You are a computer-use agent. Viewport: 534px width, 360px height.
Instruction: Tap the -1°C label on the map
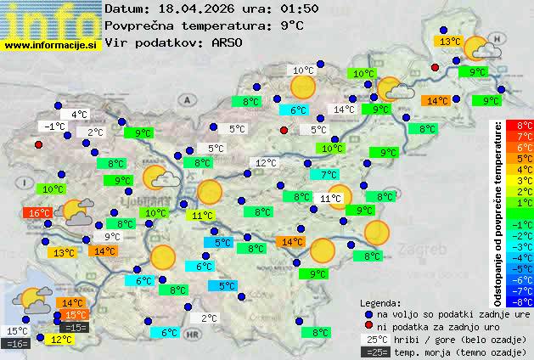(x=54, y=127)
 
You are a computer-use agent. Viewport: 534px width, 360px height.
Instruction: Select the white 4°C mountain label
(x=79, y=115)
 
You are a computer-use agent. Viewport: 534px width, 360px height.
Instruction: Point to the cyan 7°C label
(x=323, y=175)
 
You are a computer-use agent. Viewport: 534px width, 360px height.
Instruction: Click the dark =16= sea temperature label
(x=16, y=344)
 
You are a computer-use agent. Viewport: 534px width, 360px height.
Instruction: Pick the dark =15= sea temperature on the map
(x=74, y=327)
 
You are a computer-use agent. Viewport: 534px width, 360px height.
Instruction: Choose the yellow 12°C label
(x=60, y=340)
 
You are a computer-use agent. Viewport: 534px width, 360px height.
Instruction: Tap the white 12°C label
(x=266, y=163)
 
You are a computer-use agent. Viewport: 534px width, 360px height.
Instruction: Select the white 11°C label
(x=330, y=199)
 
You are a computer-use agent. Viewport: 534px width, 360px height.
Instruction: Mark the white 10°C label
(x=303, y=70)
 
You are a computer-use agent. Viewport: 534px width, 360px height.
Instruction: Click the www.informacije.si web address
(x=52, y=44)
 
